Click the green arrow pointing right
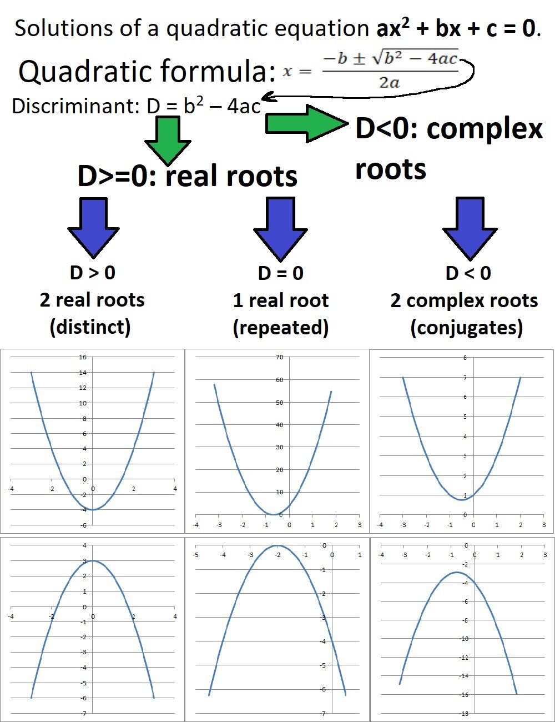click(305, 124)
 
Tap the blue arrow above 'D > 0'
click(93, 228)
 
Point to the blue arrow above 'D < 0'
click(470, 228)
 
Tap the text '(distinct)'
click(90, 327)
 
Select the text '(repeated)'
click(281, 327)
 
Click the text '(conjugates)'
click(466, 328)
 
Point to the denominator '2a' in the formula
click(390, 83)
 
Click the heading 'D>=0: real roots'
click(188, 176)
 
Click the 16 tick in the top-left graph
click(83, 357)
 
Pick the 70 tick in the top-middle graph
click(279, 357)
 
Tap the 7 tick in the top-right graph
click(465, 378)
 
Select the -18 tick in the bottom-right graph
click(463, 713)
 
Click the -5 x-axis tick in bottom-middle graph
click(195, 555)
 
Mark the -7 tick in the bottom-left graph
click(84, 713)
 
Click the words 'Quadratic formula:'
click(147, 72)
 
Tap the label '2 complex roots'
click(464, 300)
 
